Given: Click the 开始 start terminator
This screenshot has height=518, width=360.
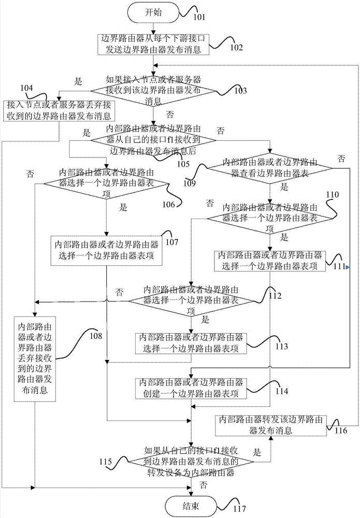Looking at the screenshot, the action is coord(154,13).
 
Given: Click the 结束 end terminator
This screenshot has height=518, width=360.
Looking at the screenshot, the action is coord(191,506).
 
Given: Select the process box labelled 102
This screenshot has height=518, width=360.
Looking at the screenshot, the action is coord(153,44).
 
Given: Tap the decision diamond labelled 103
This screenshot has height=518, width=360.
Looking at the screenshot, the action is coord(153,90).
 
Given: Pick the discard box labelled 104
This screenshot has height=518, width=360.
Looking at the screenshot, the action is coord(59,111).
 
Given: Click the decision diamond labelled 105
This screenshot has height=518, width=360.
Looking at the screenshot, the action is coord(153,140).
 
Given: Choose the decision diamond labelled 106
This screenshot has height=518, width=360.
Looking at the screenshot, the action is coord(106,183).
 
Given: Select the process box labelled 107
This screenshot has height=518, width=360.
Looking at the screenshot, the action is coord(106,250).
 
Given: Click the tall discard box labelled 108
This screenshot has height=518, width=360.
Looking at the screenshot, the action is coord(35,359).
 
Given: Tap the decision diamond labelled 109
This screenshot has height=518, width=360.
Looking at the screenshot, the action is coord(270,168).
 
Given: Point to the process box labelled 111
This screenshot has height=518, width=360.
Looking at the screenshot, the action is coord(270,261).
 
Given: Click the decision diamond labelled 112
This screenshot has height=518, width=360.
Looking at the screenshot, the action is coord(191,301).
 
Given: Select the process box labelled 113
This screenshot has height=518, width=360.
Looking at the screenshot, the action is coord(191,343).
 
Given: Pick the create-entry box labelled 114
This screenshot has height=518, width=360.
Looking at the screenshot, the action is coord(191,388).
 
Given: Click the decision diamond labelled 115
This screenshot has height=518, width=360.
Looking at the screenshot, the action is coord(191,462).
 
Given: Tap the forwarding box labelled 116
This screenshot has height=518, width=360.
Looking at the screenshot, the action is coord(270,425).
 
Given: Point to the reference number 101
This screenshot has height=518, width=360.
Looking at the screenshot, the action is coord(199,17).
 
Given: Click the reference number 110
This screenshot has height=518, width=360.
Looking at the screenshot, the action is coord(332,195).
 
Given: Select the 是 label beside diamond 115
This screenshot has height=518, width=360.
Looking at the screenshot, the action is coord(257,452).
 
